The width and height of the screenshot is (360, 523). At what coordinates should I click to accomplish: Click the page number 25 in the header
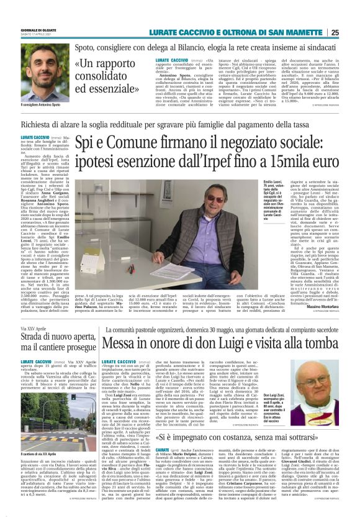click(352, 32)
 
